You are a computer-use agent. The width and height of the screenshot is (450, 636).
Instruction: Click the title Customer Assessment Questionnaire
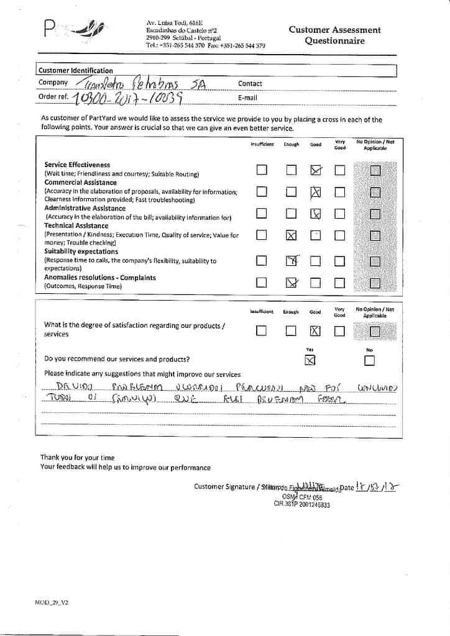click(334, 35)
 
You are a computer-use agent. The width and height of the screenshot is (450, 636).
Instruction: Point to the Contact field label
click(250, 84)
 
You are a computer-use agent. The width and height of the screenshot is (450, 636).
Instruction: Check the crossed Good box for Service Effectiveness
click(316, 170)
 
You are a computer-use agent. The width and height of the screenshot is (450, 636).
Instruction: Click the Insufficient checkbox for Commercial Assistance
click(262, 192)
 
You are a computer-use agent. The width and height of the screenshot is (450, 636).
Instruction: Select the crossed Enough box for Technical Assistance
click(290, 235)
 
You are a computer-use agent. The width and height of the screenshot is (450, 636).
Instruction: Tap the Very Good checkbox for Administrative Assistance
click(339, 214)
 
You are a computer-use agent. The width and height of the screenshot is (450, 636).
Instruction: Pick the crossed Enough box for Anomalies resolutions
click(290, 283)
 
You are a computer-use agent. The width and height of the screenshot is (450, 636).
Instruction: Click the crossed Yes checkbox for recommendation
click(310, 360)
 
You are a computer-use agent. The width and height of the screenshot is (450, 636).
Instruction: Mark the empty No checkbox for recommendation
click(370, 360)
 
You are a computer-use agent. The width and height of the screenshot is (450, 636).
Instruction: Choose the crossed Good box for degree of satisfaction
click(315, 331)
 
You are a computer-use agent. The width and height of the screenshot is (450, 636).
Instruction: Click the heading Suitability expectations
click(81, 252)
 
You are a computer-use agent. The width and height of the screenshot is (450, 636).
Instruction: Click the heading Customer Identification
click(76, 71)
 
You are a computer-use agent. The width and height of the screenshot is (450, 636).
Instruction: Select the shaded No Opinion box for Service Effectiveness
click(375, 170)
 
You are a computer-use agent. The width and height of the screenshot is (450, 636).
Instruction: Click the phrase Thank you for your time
click(78, 457)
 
